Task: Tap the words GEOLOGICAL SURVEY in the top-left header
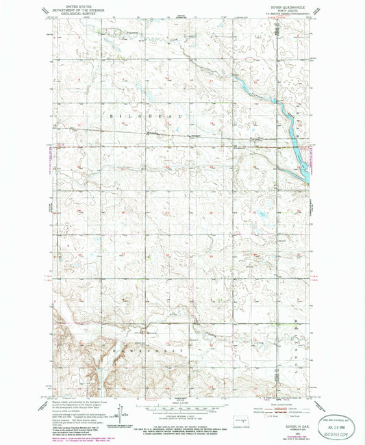pyautogui.click(x=73, y=15)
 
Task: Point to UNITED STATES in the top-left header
pyautogui.click(x=73, y=5)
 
